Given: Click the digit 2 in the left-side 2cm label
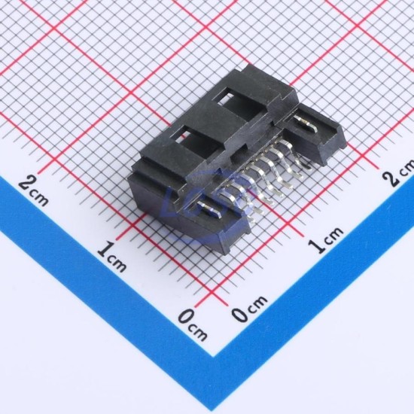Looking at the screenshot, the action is (x=28, y=183).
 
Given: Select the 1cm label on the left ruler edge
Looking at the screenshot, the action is (x=112, y=256).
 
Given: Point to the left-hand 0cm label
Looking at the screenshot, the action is (x=193, y=324).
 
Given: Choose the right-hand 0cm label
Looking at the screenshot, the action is (x=249, y=309).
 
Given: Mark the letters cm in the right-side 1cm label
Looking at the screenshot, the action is (x=333, y=234).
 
